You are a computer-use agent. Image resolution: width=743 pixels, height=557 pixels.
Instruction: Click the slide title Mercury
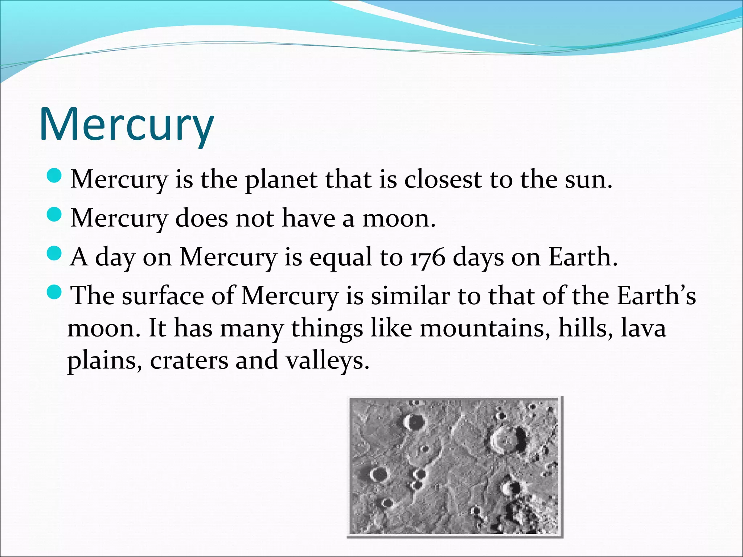pos(126,124)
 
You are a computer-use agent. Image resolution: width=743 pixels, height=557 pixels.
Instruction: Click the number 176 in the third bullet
pos(427,257)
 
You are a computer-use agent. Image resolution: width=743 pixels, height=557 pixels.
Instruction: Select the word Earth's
pos(656,296)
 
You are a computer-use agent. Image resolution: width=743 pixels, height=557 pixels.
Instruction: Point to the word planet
pos(281,180)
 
